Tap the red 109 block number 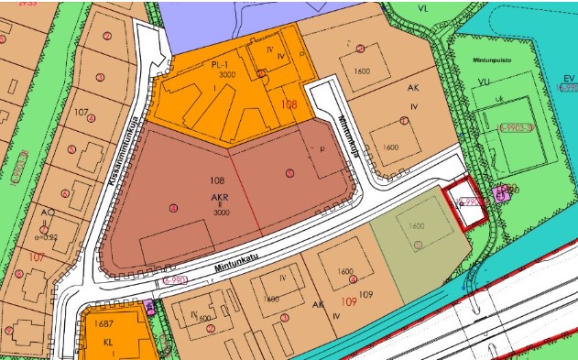[x=348, y=300]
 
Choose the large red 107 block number [x=37, y=258]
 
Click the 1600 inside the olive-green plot [x=417, y=225]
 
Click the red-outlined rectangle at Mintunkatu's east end [x=463, y=205]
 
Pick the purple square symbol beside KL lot [x=150, y=309]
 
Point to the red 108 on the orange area [x=289, y=105]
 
